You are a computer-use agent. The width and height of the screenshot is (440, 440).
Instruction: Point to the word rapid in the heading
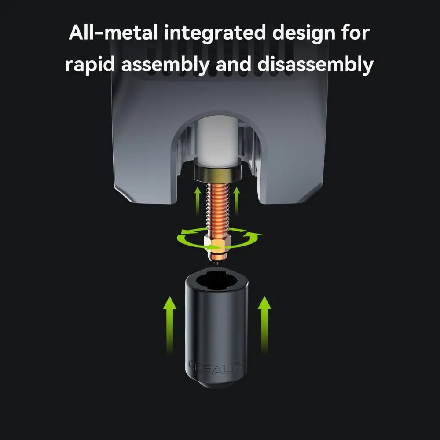pos(89,65)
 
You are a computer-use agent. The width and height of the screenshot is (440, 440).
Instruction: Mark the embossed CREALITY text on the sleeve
pos(216,365)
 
